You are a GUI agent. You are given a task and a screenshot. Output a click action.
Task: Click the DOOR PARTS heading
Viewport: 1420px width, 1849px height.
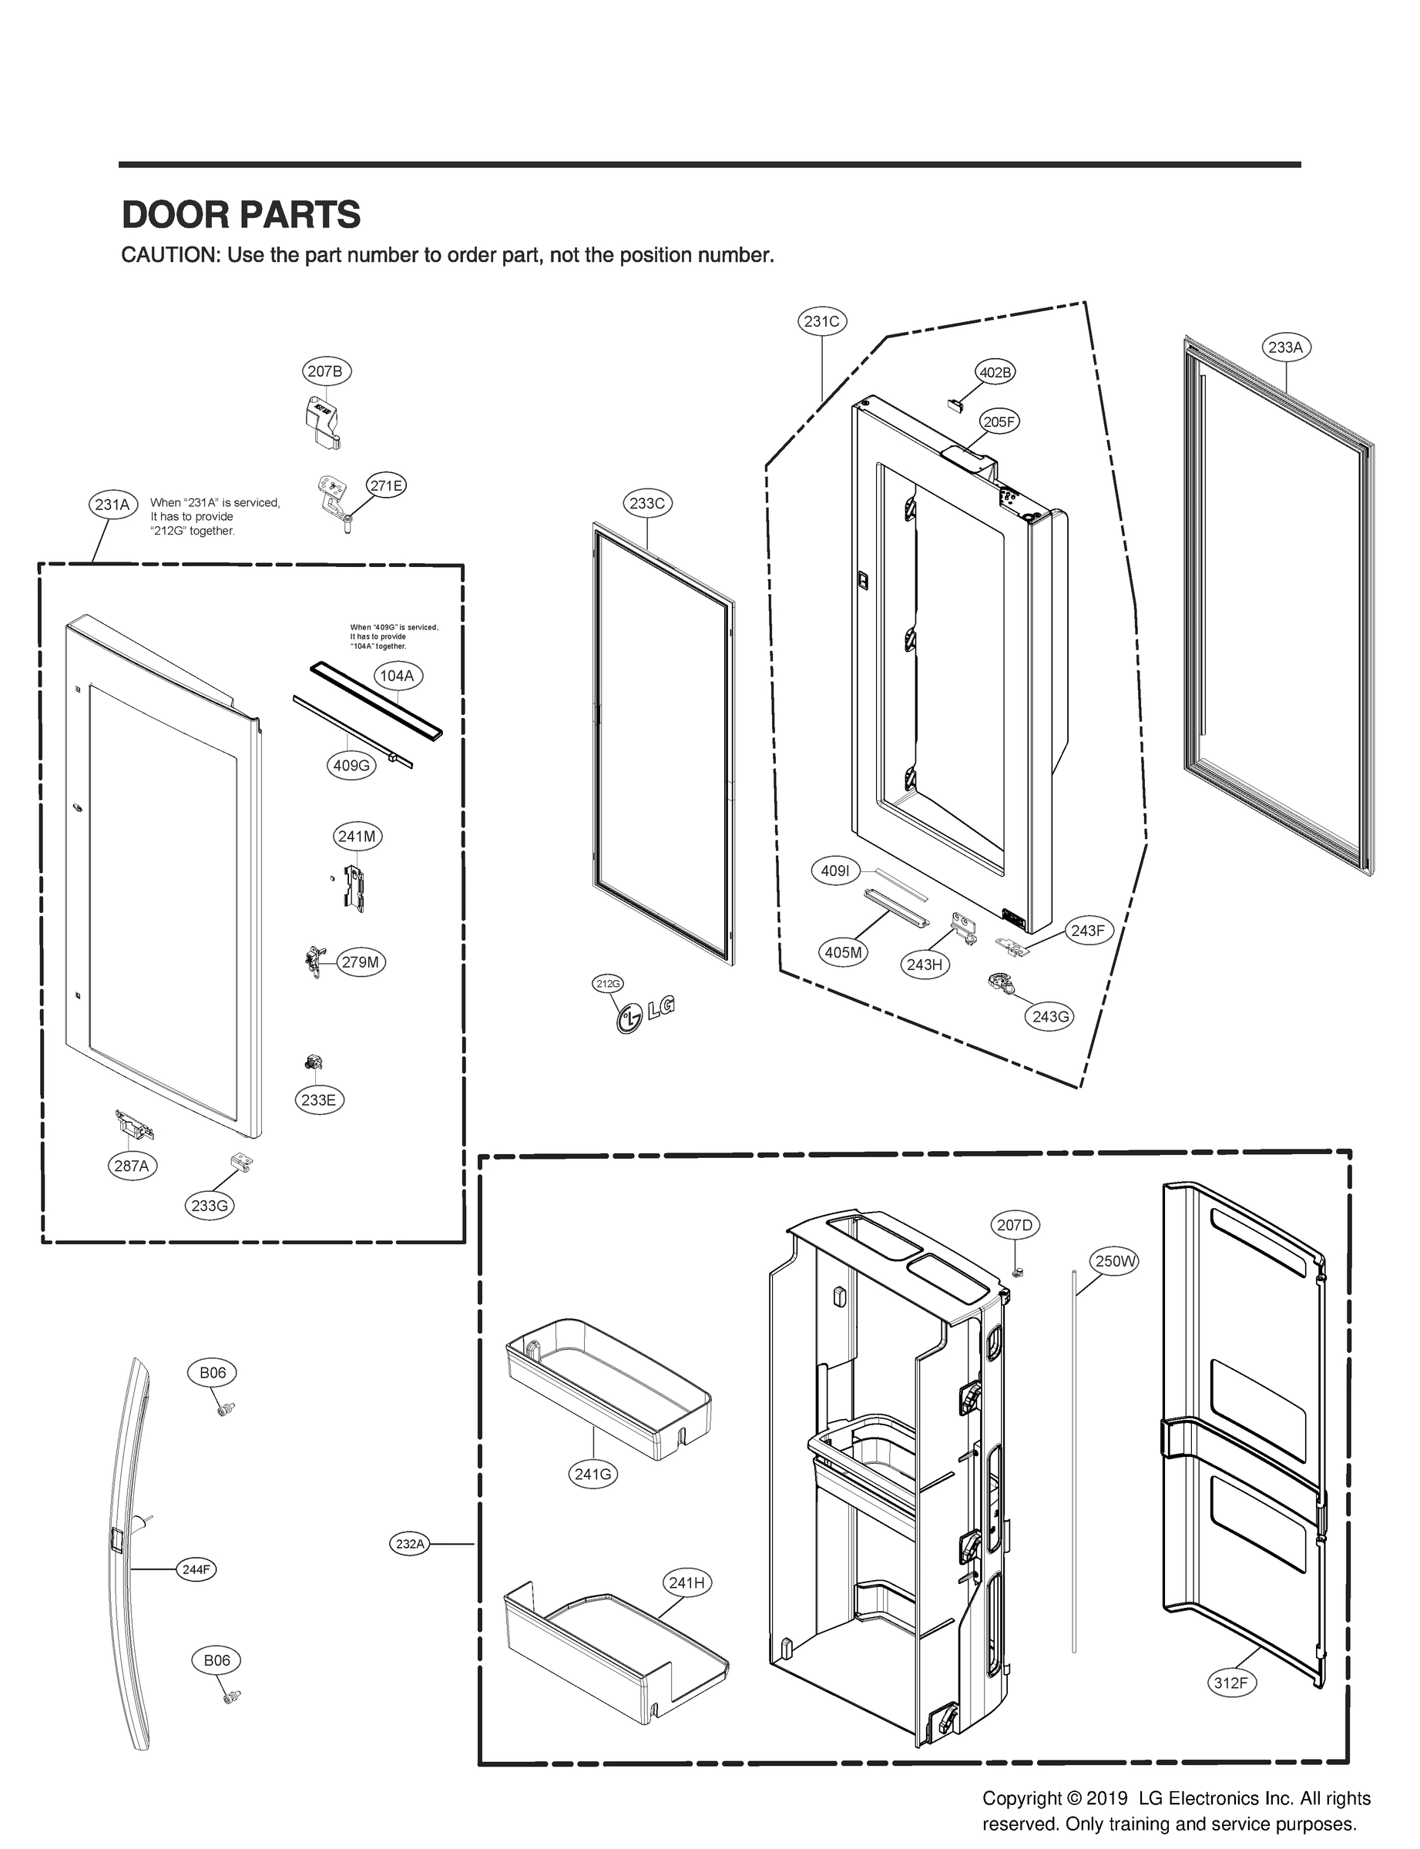(x=241, y=215)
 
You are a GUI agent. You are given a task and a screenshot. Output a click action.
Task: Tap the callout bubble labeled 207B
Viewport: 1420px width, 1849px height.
(x=327, y=371)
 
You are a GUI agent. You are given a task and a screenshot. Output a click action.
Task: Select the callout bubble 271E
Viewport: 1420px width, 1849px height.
(x=385, y=486)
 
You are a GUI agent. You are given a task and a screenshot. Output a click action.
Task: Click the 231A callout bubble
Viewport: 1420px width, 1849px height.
(x=112, y=505)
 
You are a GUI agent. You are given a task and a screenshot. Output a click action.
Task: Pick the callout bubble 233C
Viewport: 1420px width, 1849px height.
(x=647, y=504)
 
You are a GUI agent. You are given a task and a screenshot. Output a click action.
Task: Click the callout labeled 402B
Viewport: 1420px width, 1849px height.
(x=995, y=372)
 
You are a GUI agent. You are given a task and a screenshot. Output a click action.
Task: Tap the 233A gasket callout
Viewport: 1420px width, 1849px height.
(x=1286, y=347)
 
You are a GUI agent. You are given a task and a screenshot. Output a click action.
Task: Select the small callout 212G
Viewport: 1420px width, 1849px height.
(x=607, y=984)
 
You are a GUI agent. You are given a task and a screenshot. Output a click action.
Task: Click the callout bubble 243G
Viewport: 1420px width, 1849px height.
(x=1051, y=1017)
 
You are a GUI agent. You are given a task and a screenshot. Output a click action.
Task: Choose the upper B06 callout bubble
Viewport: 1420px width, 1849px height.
(x=212, y=1373)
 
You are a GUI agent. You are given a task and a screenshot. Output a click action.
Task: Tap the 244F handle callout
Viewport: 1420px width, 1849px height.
(x=196, y=1569)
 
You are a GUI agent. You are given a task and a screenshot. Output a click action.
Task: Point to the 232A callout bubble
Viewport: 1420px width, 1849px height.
(x=410, y=1544)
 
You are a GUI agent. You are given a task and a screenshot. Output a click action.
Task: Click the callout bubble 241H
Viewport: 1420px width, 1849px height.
(x=687, y=1582)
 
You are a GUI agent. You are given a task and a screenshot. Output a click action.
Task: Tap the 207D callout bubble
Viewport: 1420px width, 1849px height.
(x=1014, y=1225)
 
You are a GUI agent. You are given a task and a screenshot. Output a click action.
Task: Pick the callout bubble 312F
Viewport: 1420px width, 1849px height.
(x=1230, y=1683)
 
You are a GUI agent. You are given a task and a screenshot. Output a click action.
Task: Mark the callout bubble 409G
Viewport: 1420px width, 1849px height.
(x=351, y=767)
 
